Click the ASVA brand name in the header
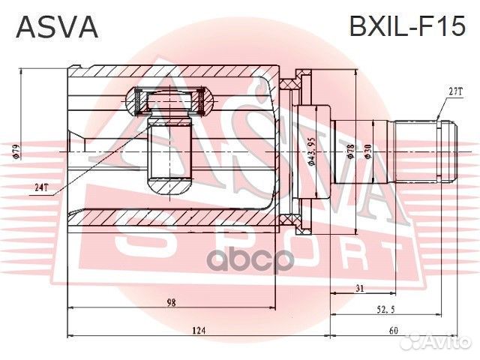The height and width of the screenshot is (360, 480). pyautogui.click(x=57, y=28)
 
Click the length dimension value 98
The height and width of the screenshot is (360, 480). pyautogui.click(x=172, y=302)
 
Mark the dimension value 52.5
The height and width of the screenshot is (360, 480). pyautogui.click(x=385, y=308)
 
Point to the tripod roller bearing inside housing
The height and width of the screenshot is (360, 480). pyautogui.click(x=169, y=99)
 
